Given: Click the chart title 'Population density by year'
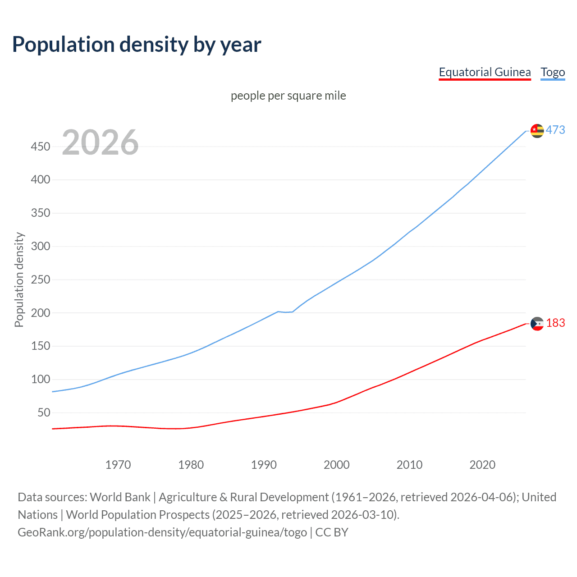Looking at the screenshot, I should point(137,44).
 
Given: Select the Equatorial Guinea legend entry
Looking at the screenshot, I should point(485,72).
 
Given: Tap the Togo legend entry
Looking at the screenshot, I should point(553,72).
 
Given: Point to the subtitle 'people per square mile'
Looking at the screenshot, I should point(288,96).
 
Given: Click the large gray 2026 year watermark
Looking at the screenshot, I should point(100,142).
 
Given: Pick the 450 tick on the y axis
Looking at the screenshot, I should point(41,147).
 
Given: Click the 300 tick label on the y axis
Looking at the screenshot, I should point(41,246).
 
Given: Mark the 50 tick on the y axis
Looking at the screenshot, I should point(44,412).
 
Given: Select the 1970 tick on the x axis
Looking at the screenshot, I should point(118,465).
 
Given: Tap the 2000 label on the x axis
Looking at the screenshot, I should point(336,465).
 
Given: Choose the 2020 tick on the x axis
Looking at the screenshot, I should point(482,465).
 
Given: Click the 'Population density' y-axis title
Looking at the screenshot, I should point(19,279).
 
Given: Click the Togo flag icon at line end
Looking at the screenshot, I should point(537,131).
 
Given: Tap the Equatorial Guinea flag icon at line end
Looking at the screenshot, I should point(537,324).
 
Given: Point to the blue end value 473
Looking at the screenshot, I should point(555,130).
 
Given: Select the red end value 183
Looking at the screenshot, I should point(555,323).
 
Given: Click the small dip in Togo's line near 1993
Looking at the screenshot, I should point(286,312).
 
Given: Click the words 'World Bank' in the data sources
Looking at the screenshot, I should point(120,497).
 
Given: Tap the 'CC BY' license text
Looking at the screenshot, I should point(332,532).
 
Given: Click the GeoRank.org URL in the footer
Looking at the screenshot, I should point(162,532).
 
